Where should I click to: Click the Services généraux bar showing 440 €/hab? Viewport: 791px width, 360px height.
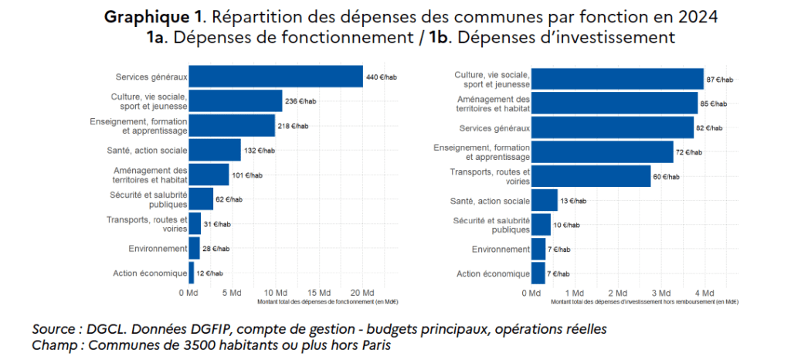click(x=276, y=76)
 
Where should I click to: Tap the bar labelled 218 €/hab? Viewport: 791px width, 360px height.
click(x=232, y=126)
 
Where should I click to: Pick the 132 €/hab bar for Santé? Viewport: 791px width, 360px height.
click(x=215, y=151)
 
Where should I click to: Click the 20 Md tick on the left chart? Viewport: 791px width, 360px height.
click(x=363, y=293)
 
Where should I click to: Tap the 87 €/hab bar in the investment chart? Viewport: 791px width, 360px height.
click(x=617, y=79)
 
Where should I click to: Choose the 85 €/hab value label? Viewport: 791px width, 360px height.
click(x=715, y=104)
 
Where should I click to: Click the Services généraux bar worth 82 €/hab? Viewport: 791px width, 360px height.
click(x=613, y=127)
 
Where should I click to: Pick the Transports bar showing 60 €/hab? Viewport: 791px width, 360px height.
click(x=591, y=177)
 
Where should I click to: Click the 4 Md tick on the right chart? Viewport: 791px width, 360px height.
click(x=704, y=294)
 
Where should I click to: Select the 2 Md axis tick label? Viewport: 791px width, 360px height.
click(x=618, y=294)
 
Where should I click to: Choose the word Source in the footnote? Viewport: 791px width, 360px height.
click(x=55, y=329)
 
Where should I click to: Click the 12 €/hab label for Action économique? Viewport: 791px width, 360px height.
click(x=209, y=273)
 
